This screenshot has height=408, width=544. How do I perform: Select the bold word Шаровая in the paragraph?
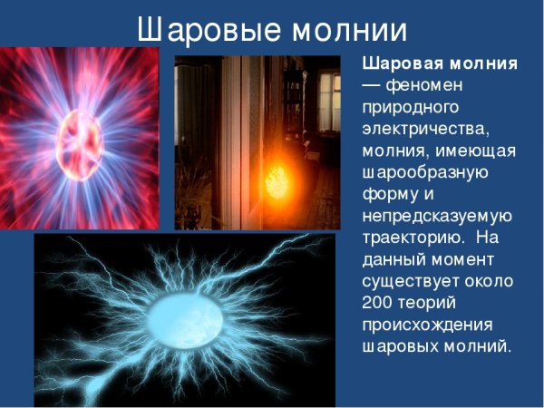(398, 64)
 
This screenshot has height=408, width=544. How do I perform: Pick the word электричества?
(422, 129)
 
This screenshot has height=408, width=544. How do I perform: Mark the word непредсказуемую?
(437, 216)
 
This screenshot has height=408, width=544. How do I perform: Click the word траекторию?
(412, 238)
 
